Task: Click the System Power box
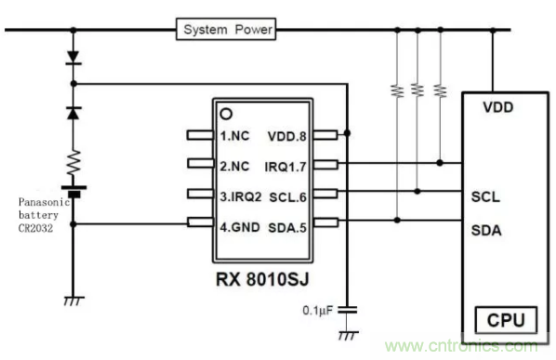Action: tap(227, 30)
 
